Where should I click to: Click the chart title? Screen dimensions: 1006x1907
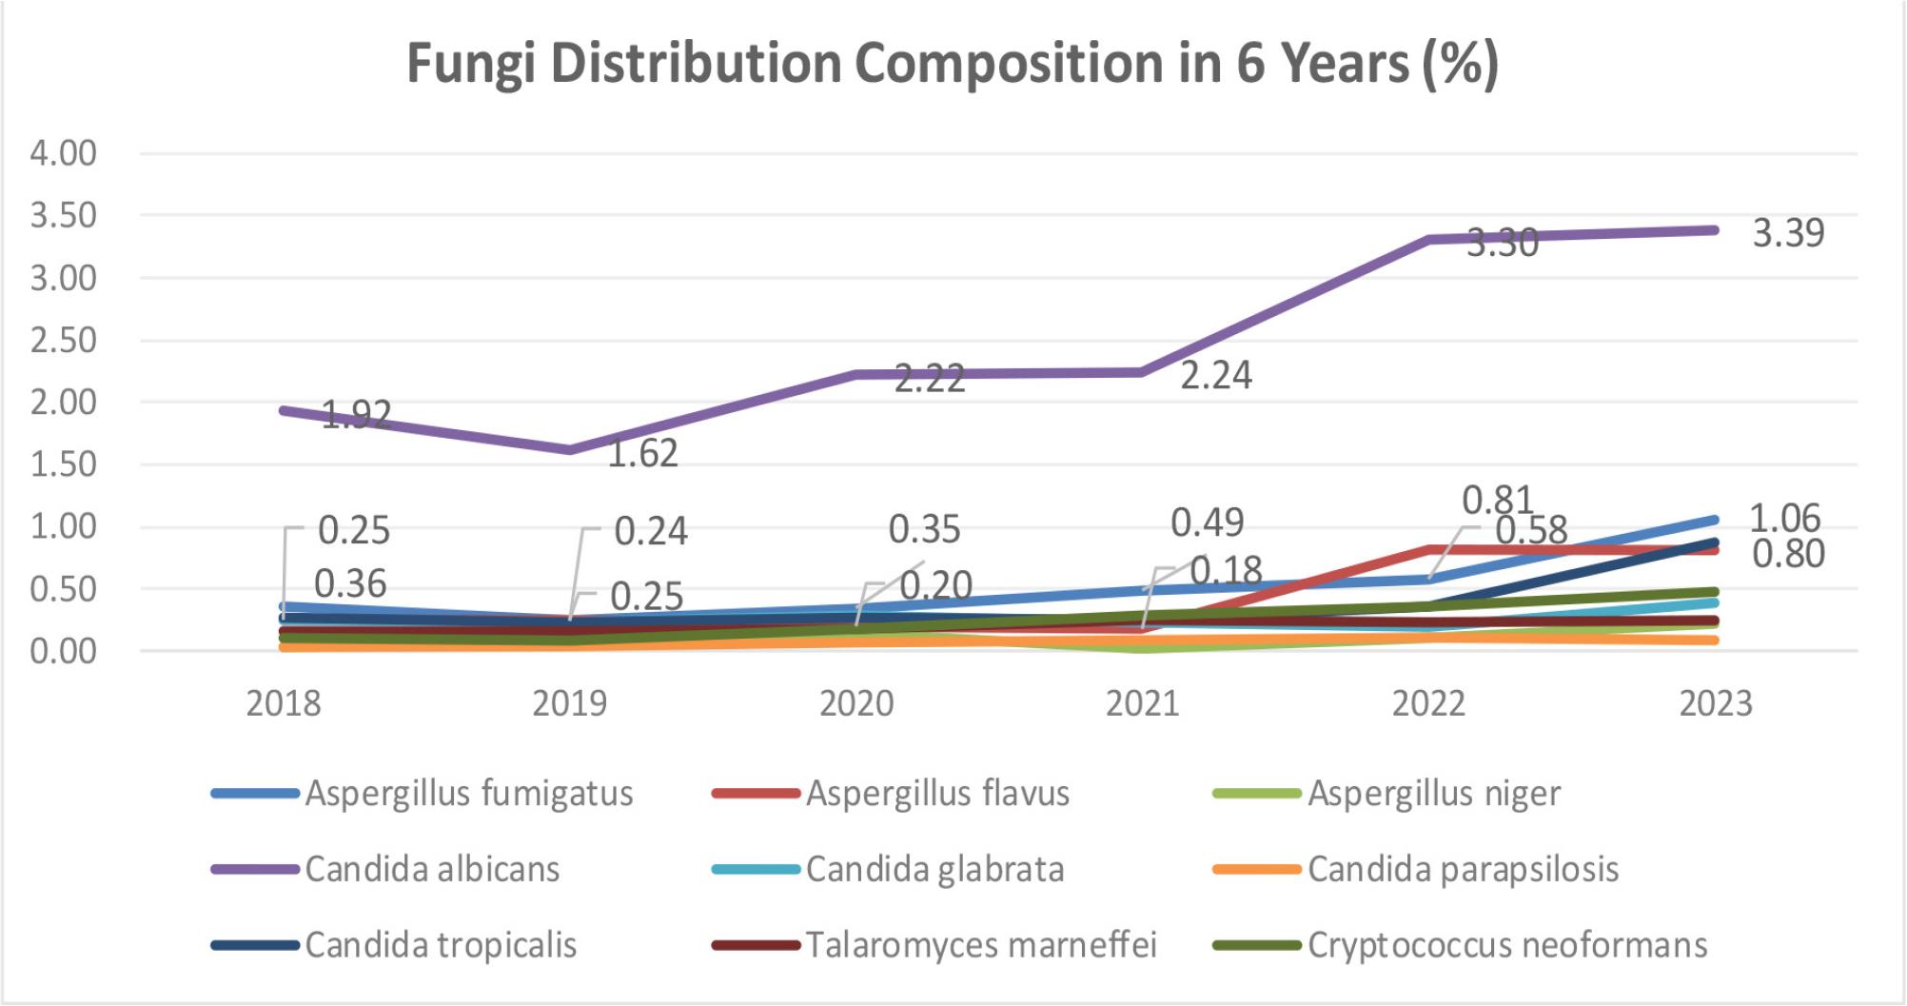click(953, 64)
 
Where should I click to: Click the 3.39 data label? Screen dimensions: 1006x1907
click(1788, 233)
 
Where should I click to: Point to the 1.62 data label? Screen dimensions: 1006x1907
click(642, 453)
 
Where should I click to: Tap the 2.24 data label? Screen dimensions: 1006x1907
click(1215, 375)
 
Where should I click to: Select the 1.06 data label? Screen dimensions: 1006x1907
click(1784, 519)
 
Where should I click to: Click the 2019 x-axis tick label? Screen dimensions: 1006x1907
click(569, 704)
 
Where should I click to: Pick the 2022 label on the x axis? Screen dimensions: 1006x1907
click(1428, 704)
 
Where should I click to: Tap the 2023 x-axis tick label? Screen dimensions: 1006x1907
click(1715, 704)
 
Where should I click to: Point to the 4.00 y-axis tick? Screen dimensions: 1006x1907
click(64, 153)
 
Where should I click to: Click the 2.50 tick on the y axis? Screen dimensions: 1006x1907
click(64, 340)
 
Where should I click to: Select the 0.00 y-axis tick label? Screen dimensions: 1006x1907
click(64, 652)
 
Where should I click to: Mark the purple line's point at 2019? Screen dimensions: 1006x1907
click(569, 449)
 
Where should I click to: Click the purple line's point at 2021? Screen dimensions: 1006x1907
click(1142, 372)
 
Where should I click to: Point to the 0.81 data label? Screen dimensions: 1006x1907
click(1497, 500)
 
